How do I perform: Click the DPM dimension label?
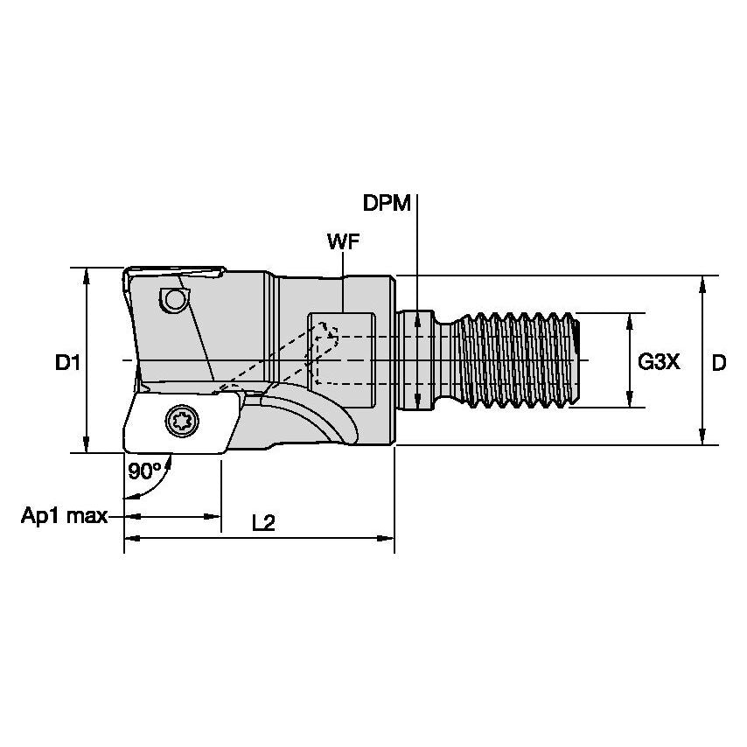click(x=387, y=204)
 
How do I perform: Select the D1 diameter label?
click(x=68, y=361)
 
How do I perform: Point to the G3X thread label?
click(x=658, y=361)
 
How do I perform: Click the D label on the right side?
click(x=718, y=361)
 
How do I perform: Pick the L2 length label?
click(x=263, y=523)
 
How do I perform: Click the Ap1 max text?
click(x=64, y=516)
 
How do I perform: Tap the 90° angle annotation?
click(x=144, y=471)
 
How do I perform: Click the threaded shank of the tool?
click(x=520, y=360)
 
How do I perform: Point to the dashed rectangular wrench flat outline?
click(x=343, y=350)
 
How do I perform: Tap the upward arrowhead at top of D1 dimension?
click(x=86, y=275)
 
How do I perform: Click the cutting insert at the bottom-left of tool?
click(x=179, y=423)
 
